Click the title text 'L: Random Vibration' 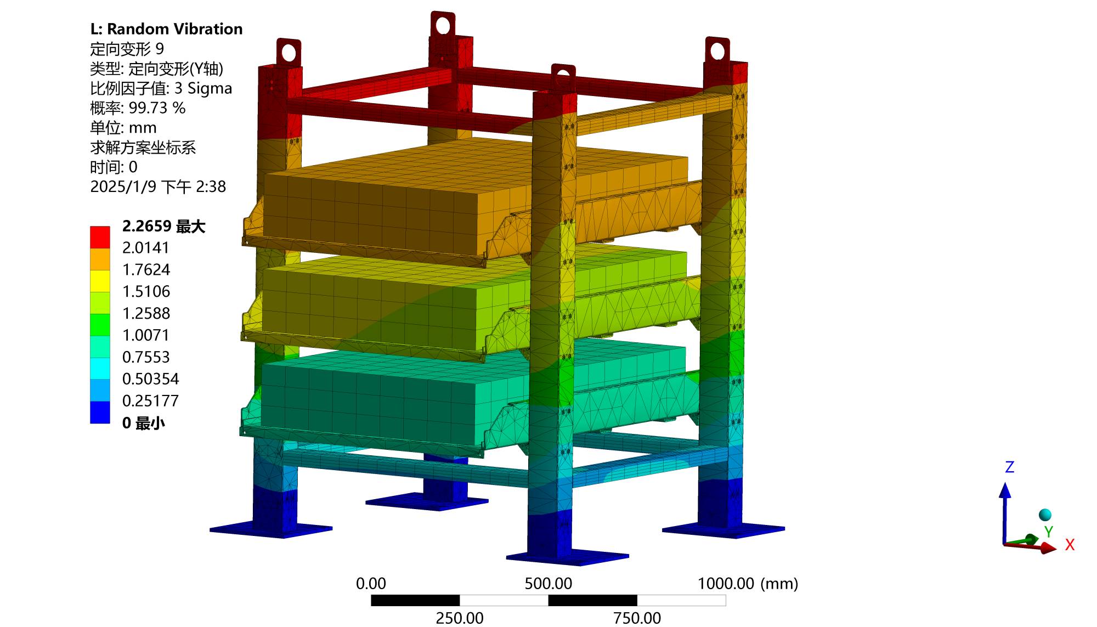[x=166, y=29]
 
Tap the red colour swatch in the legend [x=100, y=237]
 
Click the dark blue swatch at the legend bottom [x=100, y=413]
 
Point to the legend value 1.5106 [x=146, y=291]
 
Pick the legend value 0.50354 [x=150, y=379]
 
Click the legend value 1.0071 [x=146, y=335]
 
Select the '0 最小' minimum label [x=143, y=423]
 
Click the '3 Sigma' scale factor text [x=203, y=88]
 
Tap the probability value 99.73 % [x=157, y=108]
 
